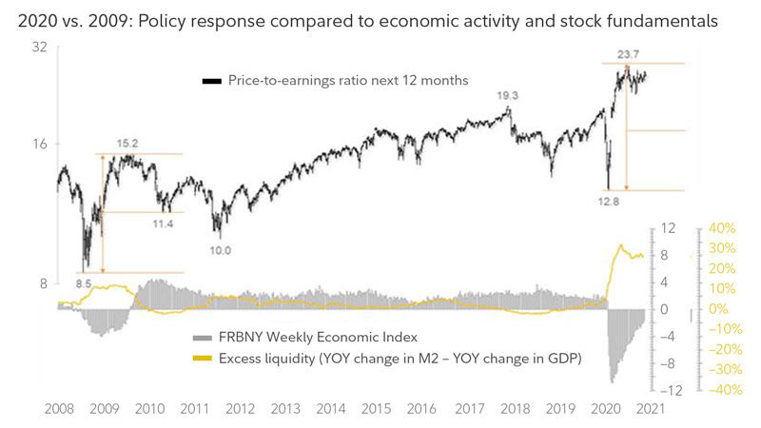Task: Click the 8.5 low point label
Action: [x=84, y=282]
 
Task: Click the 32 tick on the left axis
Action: [x=38, y=47]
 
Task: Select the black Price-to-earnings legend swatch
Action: [x=211, y=83]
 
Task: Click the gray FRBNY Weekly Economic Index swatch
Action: [x=202, y=338]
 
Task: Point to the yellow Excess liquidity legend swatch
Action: [x=202, y=359]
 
